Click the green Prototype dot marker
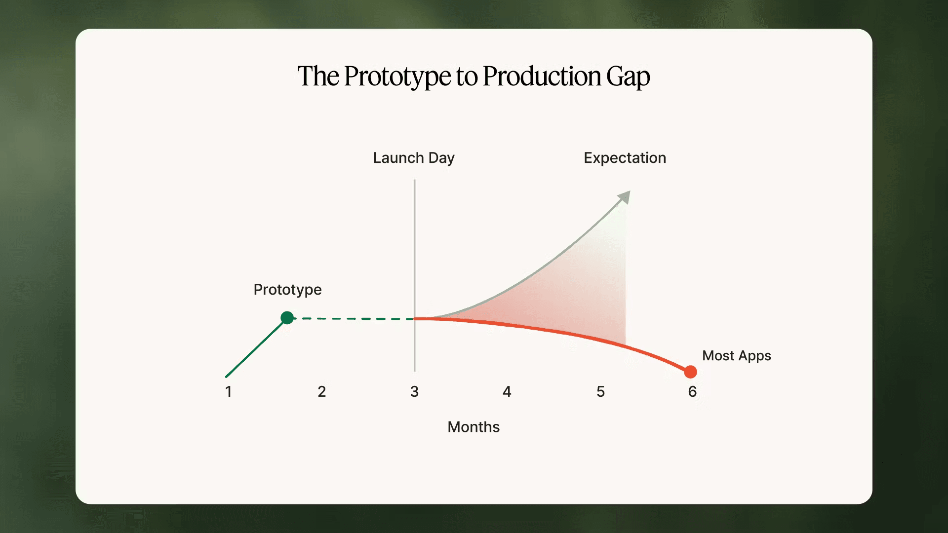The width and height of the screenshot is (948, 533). (287, 318)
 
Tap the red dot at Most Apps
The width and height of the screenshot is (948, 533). (690, 372)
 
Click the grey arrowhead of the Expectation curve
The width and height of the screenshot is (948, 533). (625, 196)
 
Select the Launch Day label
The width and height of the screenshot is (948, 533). (413, 158)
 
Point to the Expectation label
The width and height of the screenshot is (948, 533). (625, 158)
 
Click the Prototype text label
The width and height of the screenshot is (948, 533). (287, 290)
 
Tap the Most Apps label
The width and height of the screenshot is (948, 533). (736, 356)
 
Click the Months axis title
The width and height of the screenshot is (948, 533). (474, 427)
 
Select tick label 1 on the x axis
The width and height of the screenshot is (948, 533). (228, 392)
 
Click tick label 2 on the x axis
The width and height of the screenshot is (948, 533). (321, 392)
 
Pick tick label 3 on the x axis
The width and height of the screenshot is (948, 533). (414, 392)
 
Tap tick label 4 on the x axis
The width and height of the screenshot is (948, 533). (507, 392)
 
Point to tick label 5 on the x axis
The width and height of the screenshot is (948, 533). (600, 392)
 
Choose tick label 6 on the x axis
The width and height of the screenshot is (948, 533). (692, 392)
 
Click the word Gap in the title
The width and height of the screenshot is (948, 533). (628, 77)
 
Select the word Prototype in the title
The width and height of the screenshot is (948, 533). (397, 77)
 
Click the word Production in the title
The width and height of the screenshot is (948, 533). (542, 77)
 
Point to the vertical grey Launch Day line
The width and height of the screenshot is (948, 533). (415, 247)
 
